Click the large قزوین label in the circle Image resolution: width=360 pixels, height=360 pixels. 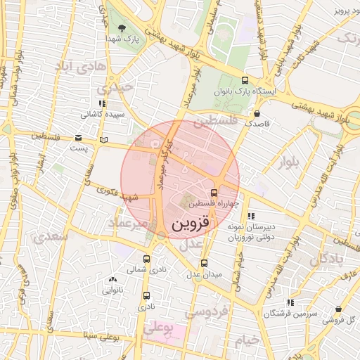pos(191,224)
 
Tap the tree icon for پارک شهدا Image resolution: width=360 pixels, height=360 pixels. pos(124,28)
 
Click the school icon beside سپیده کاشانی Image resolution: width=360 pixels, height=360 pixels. pos(103,103)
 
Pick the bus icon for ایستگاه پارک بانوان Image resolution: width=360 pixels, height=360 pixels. pos(245,80)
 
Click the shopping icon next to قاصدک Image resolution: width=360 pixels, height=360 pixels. pos(257,113)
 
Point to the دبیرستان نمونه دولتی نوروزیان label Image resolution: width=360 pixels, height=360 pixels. pos(250,232)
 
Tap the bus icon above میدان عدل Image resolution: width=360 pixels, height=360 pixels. pos(205,263)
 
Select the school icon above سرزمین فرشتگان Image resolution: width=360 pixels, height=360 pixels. pos(290,302)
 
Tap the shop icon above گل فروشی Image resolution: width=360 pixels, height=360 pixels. pos(340,309)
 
